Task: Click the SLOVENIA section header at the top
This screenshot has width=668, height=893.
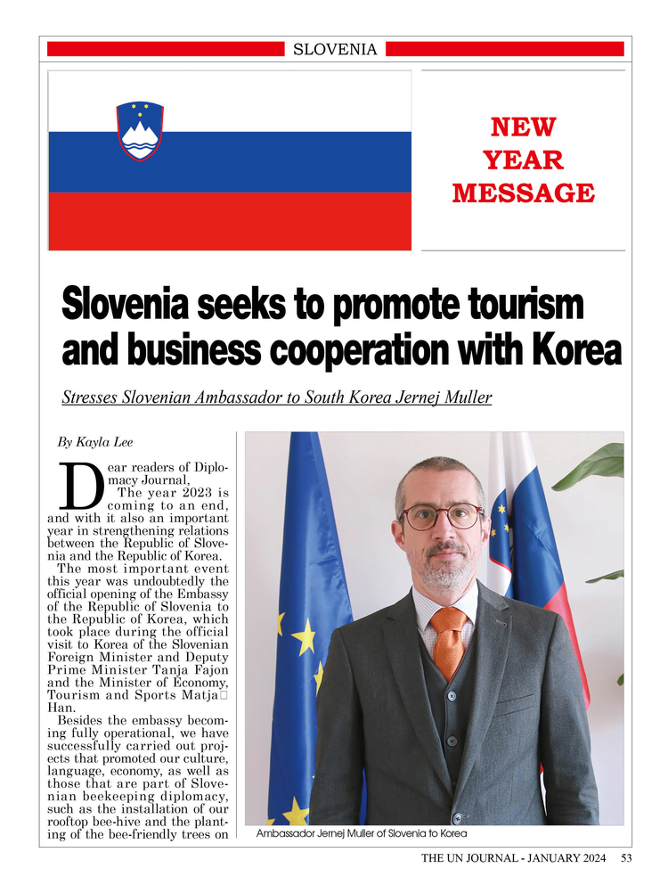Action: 335,49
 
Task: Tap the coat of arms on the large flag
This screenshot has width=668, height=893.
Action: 140,131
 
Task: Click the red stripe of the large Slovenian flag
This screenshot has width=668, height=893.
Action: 230,221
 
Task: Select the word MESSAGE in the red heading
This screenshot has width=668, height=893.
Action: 523,193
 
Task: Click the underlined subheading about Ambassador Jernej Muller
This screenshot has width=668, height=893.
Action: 276,397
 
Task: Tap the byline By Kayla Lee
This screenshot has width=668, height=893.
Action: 95,441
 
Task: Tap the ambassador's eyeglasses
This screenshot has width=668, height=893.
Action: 441,516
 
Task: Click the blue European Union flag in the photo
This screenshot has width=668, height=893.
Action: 303,624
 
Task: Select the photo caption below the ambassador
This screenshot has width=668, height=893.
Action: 361,834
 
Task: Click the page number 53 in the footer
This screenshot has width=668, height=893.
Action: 626,859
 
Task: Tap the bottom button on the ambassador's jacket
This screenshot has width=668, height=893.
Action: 456,817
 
